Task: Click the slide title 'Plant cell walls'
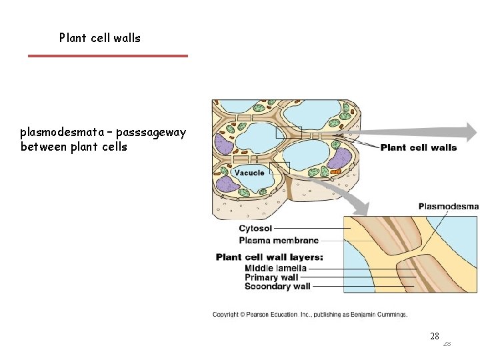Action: coord(100,38)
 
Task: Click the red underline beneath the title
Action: coord(107,56)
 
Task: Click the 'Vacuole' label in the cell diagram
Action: coord(249,173)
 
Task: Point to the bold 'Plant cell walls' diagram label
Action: coord(418,147)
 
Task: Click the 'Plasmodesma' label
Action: coord(448,207)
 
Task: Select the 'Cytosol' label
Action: coord(255,229)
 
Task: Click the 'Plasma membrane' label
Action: coord(279,240)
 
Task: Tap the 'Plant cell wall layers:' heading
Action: coord(269,257)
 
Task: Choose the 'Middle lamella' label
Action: coord(275,268)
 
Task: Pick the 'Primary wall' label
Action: coord(271,277)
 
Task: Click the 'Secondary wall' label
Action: coord(277,287)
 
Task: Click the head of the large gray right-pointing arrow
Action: coord(471,131)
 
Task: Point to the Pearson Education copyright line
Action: coord(310,315)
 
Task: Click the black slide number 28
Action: coord(434,337)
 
